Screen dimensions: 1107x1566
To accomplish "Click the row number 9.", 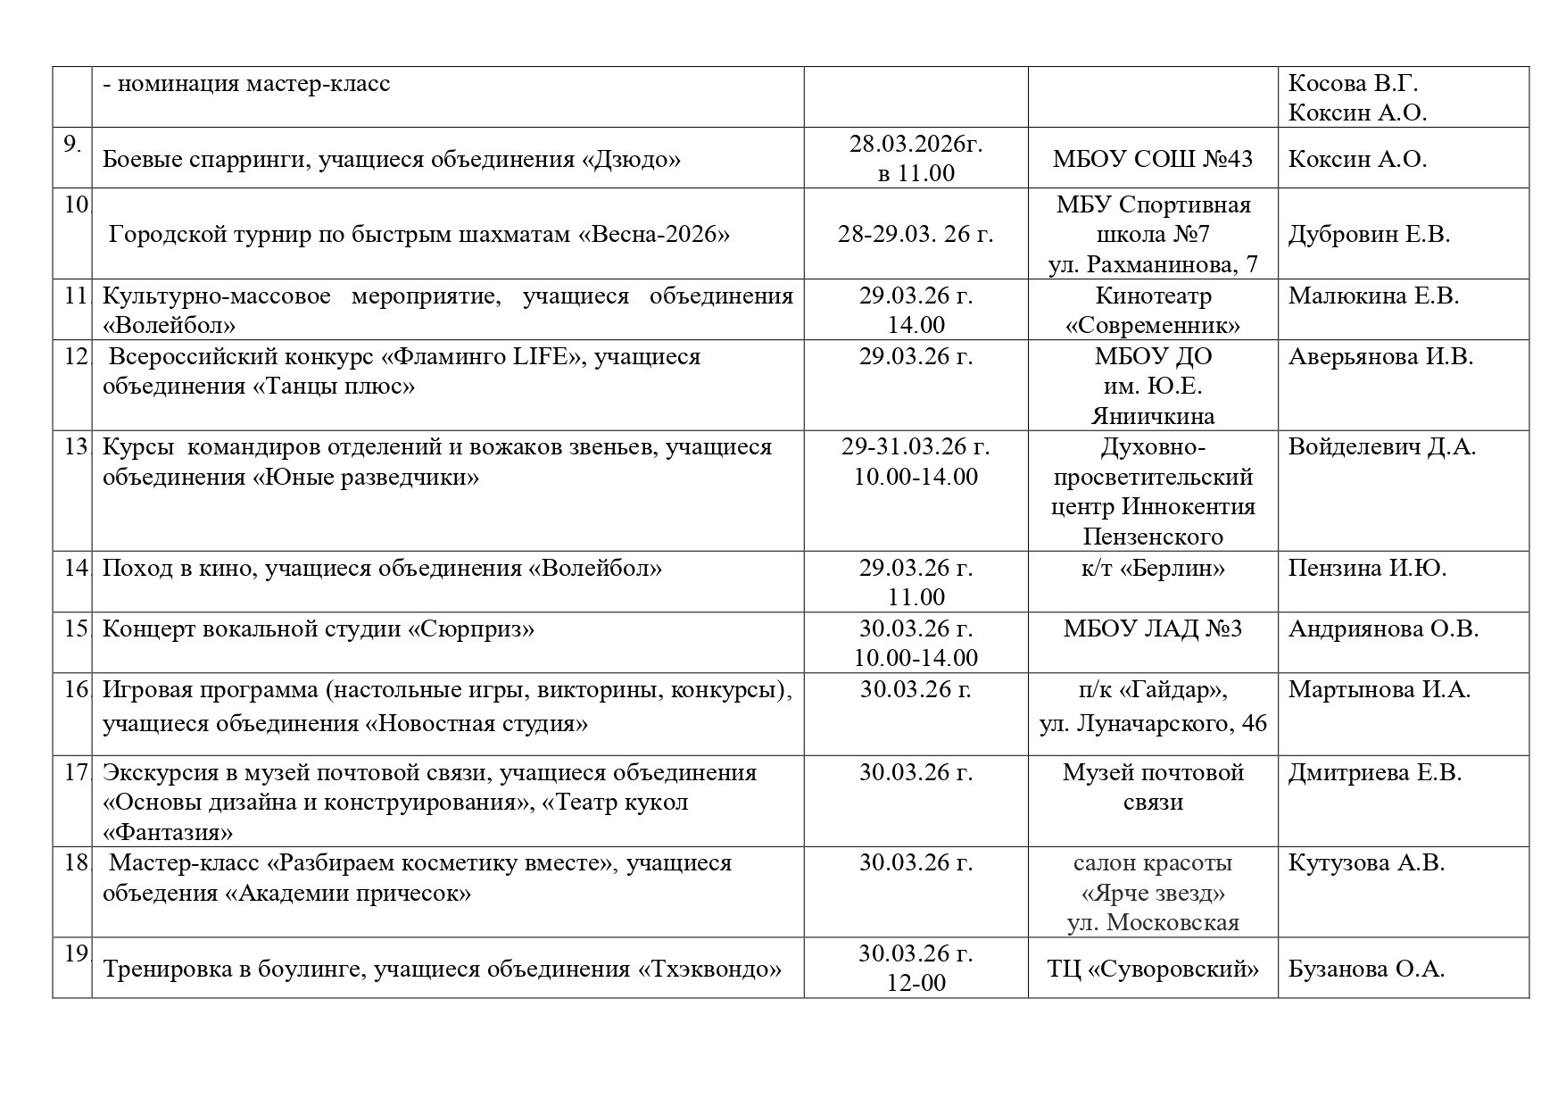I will [x=72, y=144].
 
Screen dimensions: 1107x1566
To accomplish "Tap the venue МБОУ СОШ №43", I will [x=1152, y=159].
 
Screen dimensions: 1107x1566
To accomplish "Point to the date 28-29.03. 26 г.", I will [x=916, y=234].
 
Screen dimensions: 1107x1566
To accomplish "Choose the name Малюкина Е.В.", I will [x=1373, y=295].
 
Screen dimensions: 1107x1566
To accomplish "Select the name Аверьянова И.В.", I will [x=1380, y=356].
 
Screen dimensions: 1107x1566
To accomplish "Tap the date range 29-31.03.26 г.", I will [x=916, y=446].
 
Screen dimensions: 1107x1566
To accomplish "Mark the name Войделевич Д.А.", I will [x=1381, y=446].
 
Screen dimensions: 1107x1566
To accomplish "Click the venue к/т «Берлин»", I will [x=1152, y=568].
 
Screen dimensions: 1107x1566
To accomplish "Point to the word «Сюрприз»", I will [x=471, y=628].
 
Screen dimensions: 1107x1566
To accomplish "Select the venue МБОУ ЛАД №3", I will [x=1152, y=628].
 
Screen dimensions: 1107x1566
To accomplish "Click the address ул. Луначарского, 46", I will [x=1152, y=723].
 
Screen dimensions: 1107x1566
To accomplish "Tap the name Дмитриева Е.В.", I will [x=1374, y=772].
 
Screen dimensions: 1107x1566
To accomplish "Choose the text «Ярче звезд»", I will [x=1152, y=893].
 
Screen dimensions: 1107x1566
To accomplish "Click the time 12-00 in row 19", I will [x=916, y=983].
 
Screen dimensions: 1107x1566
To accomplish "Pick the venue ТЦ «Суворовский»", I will [x=1152, y=969].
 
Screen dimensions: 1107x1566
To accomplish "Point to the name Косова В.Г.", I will [x=1353, y=83].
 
